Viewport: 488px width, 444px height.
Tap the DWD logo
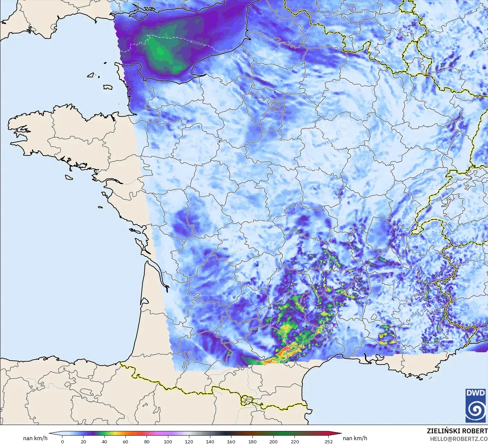[x=475, y=405]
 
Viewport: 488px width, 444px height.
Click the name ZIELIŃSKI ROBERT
[x=457, y=431]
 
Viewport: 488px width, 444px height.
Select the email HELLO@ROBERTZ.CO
[x=459, y=438]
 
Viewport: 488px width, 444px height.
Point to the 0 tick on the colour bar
[x=62, y=441]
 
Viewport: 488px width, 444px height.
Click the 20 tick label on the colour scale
[x=83, y=441]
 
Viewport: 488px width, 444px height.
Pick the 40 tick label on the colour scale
[x=104, y=441]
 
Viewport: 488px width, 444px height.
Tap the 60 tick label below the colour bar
[x=126, y=441]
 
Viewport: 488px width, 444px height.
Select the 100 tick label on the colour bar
[x=168, y=441]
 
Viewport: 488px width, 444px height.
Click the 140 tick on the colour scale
[x=210, y=441]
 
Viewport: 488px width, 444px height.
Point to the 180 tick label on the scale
[x=252, y=441]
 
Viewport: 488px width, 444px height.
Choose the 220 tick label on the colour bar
[x=295, y=441]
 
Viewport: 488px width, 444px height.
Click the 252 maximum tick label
[x=328, y=441]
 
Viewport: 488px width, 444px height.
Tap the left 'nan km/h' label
[x=35, y=438]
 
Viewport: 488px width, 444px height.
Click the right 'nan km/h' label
[x=355, y=438]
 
